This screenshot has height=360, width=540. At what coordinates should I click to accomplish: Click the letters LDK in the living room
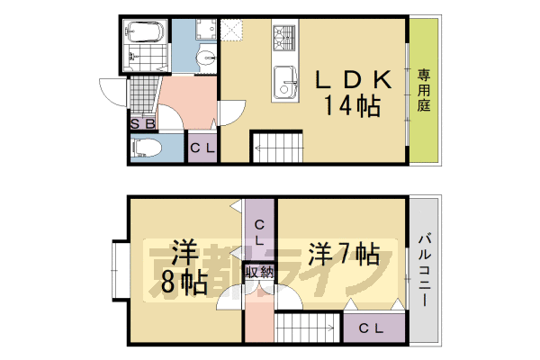click(x=353, y=80)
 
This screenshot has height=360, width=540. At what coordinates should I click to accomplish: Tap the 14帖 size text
click(x=352, y=107)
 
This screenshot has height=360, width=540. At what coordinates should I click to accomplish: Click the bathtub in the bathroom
click(x=144, y=32)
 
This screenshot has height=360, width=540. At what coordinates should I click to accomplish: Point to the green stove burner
click(x=284, y=37)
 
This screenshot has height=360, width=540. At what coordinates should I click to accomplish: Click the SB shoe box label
click(x=143, y=124)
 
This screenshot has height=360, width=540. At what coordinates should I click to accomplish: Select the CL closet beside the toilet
click(x=201, y=149)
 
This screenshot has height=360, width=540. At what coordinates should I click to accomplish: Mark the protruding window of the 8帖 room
click(x=118, y=270)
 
